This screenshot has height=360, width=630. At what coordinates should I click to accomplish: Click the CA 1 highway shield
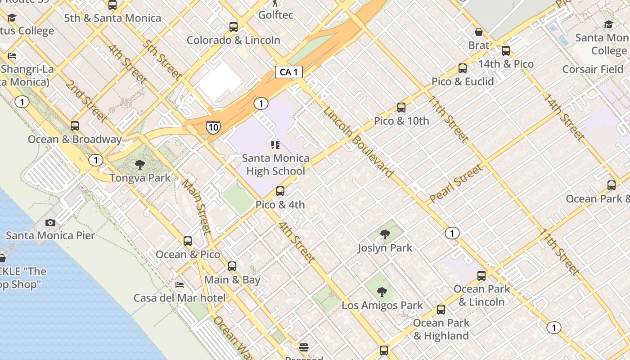(288, 72)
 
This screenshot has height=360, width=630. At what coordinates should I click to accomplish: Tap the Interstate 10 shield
(213, 127)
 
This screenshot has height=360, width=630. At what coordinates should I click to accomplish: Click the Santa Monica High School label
(275, 164)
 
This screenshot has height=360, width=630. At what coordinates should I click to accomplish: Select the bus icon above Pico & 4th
(280, 191)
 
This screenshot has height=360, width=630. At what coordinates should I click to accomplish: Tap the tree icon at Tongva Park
(140, 164)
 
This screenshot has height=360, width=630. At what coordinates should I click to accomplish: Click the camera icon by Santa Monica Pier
(50, 222)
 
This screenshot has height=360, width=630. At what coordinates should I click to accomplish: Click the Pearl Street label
(455, 183)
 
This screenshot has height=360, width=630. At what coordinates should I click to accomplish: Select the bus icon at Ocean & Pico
(188, 241)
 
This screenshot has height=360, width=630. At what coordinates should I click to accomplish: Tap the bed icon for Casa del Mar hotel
(179, 285)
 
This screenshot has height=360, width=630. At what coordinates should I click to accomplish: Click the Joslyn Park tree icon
(385, 234)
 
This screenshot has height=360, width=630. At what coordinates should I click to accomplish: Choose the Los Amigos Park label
(382, 305)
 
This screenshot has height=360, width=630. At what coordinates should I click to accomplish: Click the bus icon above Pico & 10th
(401, 108)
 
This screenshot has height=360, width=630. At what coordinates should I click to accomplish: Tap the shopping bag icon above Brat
(479, 32)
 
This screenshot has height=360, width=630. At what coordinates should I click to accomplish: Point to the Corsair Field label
(593, 69)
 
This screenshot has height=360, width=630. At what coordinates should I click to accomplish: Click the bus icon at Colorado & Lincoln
(233, 27)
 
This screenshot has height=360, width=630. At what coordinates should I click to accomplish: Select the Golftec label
(275, 15)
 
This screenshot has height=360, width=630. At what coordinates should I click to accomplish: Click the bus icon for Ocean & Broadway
(75, 126)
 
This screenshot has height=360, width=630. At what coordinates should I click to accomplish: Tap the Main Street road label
(196, 207)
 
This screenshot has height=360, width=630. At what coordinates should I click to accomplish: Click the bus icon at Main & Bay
(232, 266)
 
